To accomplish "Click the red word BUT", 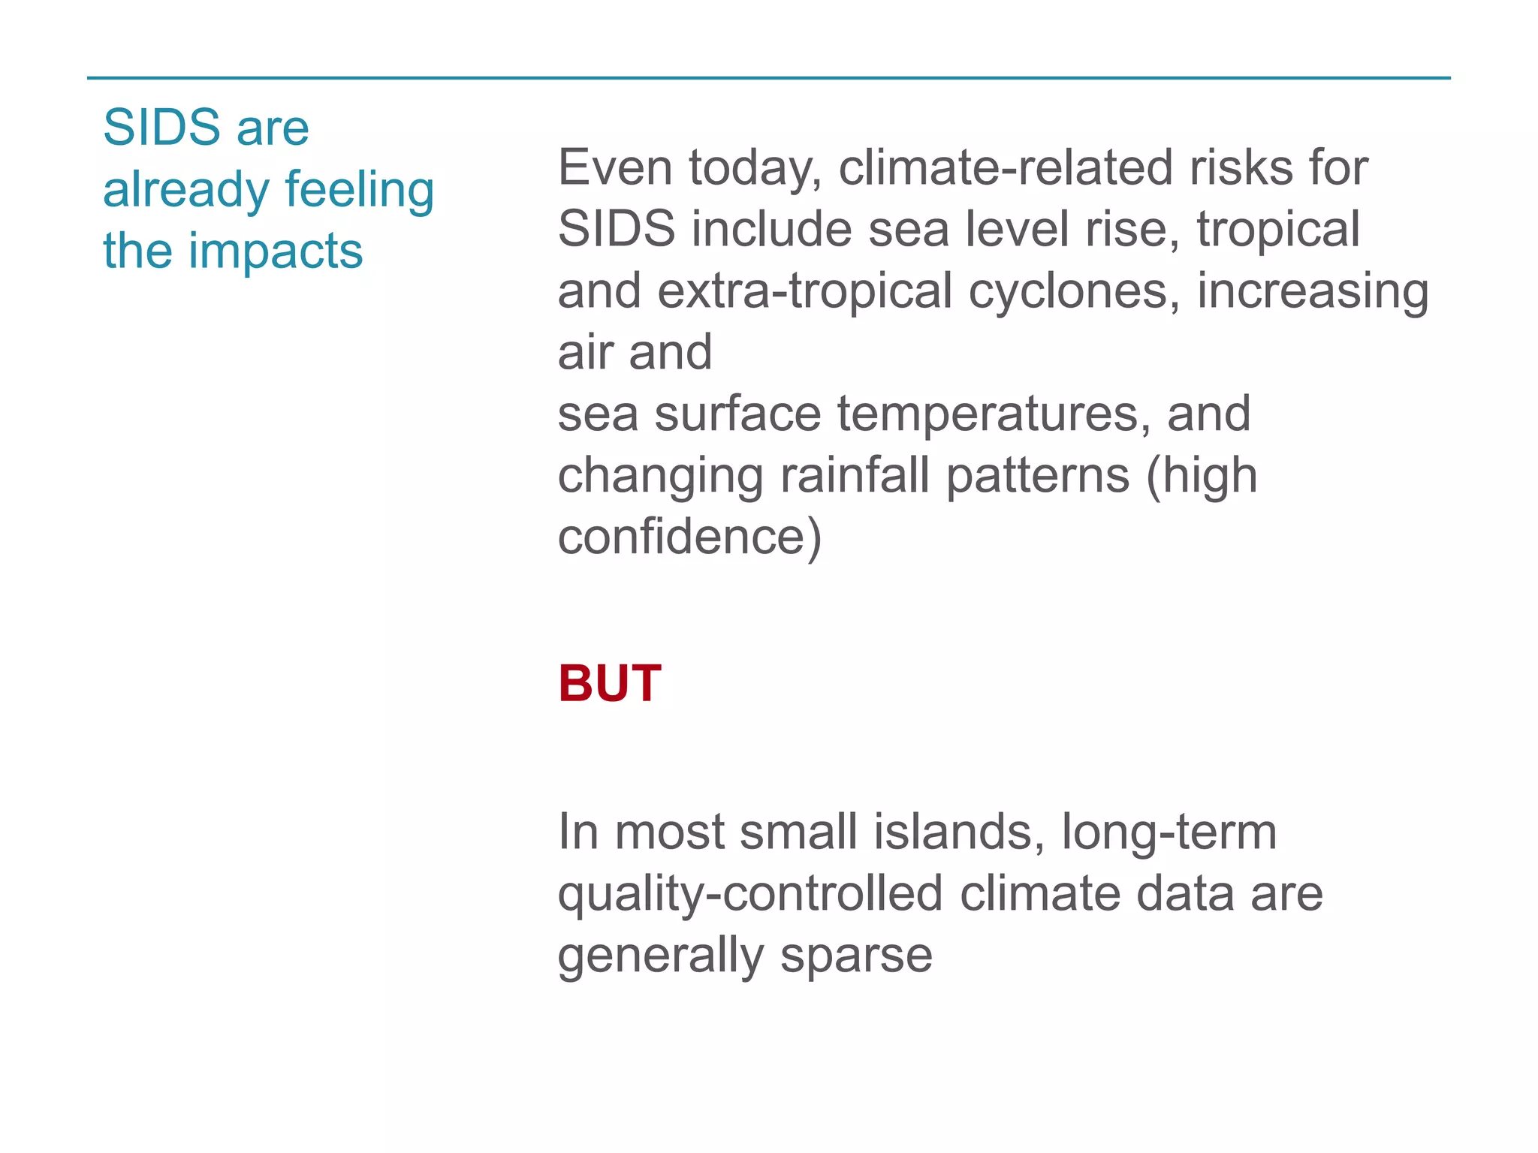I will (609, 684).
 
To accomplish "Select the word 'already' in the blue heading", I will (186, 190).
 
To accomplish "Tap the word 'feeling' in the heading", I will (360, 190).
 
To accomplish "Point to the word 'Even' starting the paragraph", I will (615, 167).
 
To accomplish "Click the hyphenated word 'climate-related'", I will (1006, 167).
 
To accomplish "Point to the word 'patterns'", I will (1038, 476).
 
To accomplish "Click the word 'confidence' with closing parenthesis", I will (689, 537).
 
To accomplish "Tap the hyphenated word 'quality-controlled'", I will (749, 894).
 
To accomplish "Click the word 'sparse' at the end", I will (856, 956).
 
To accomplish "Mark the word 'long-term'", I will (1169, 832).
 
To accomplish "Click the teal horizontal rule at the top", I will (769, 77).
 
